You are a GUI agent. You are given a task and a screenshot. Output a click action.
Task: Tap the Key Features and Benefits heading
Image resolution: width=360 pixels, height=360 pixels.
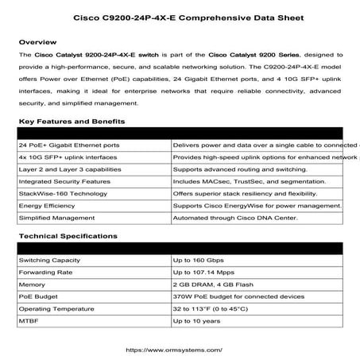72,122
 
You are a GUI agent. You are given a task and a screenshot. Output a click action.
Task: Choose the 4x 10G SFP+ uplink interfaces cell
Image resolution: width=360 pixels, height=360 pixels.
67,158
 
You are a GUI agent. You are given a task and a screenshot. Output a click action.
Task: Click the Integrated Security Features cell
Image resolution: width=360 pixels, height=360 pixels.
64,182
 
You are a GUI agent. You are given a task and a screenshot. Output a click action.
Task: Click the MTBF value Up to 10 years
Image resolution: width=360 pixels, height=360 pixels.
196,320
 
